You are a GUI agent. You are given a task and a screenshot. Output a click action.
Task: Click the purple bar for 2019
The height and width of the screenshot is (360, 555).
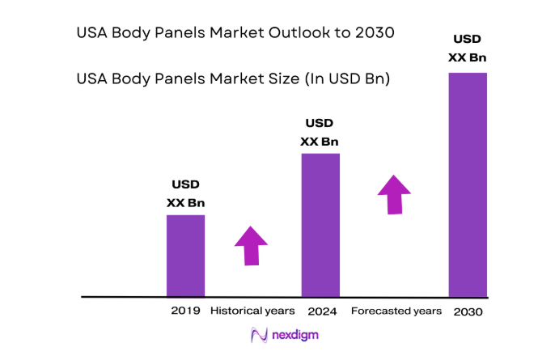tap(185, 256)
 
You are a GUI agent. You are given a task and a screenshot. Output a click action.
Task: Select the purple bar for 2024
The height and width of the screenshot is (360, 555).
tap(320, 225)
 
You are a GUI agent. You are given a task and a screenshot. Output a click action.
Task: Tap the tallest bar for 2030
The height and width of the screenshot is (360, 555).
tap(468, 184)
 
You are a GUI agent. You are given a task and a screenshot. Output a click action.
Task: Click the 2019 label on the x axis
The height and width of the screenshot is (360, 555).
tap(185, 311)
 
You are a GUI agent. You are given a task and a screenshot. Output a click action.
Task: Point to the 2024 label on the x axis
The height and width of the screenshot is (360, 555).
tap(322, 311)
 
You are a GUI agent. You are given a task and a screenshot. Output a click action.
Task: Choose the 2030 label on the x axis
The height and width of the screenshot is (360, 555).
tap(468, 311)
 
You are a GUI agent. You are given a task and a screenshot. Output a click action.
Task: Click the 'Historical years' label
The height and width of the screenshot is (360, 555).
tap(252, 311)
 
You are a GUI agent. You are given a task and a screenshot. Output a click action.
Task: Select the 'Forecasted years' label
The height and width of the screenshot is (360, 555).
tap(396, 311)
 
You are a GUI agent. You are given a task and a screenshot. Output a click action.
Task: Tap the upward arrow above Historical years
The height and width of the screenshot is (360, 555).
tap(252, 245)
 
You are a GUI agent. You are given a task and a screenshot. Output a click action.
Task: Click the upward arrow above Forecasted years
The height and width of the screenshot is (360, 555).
tap(394, 194)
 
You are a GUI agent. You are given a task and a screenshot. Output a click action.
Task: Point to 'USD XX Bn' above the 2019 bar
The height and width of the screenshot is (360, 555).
tap(185, 194)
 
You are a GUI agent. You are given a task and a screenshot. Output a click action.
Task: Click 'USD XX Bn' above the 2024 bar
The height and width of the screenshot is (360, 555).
tap(320, 133)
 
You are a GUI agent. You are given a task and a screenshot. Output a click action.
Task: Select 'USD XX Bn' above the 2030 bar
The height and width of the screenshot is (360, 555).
tap(468, 48)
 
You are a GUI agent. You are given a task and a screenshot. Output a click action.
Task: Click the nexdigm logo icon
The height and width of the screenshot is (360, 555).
tap(260, 335)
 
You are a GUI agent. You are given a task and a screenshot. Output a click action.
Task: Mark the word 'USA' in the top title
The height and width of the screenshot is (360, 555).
tap(92, 33)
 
